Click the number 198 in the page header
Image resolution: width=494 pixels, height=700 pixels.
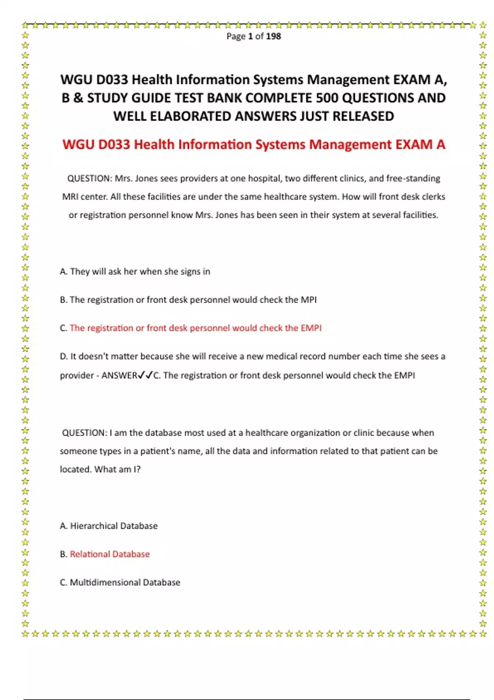pos(273,36)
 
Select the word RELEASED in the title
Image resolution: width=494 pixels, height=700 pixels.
pos(363,116)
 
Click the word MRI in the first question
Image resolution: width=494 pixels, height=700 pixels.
pos(70,197)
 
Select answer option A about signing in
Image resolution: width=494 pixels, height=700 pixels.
pos(135,272)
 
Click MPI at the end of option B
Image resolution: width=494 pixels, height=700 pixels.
pos(308,300)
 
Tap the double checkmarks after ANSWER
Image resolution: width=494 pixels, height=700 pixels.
pos(145,375)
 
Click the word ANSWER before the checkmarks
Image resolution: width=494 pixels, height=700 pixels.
pos(119,376)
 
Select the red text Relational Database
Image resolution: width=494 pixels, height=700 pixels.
pos(110,554)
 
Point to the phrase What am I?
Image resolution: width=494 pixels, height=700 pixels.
pos(117,469)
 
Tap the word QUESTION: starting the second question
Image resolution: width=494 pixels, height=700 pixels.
pos(84,433)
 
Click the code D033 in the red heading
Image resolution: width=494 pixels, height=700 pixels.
pos(114,145)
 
